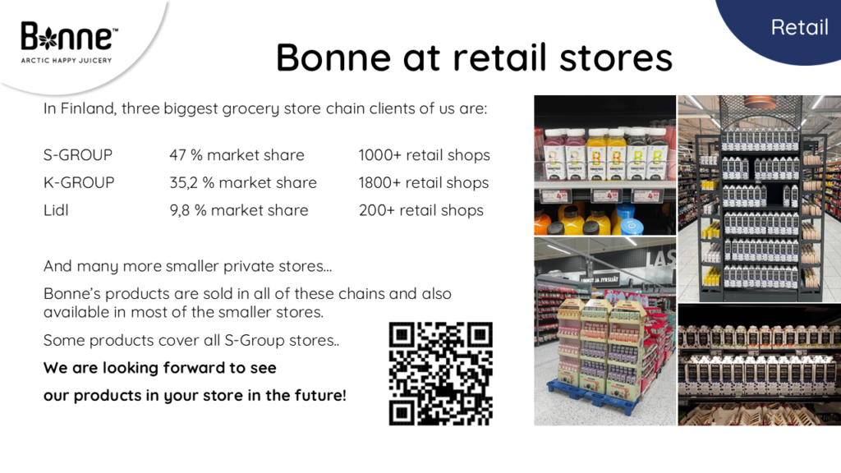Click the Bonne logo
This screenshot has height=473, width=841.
click(x=69, y=43)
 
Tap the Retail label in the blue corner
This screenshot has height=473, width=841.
click(x=799, y=27)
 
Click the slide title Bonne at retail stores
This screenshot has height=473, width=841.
click(x=474, y=57)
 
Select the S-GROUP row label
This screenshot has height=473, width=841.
click(x=78, y=155)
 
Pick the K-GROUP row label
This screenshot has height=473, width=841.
click(x=79, y=182)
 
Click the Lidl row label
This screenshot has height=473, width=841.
click(x=56, y=210)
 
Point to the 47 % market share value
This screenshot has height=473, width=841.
click(x=237, y=155)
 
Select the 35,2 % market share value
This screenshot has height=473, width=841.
click(x=243, y=183)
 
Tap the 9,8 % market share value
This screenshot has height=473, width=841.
click(x=239, y=210)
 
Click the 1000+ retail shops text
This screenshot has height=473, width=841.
click(x=425, y=155)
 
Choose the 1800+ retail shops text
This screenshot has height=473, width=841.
click(x=424, y=183)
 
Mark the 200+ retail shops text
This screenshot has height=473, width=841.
click(x=421, y=210)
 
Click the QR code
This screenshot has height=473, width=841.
click(x=440, y=374)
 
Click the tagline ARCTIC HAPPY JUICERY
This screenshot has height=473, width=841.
click(x=67, y=61)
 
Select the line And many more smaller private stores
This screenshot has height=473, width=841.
click(x=188, y=267)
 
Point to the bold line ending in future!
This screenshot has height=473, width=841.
click(x=195, y=396)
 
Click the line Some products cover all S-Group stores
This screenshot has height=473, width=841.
click(x=191, y=341)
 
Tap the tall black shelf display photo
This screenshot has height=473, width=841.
click(x=760, y=199)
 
